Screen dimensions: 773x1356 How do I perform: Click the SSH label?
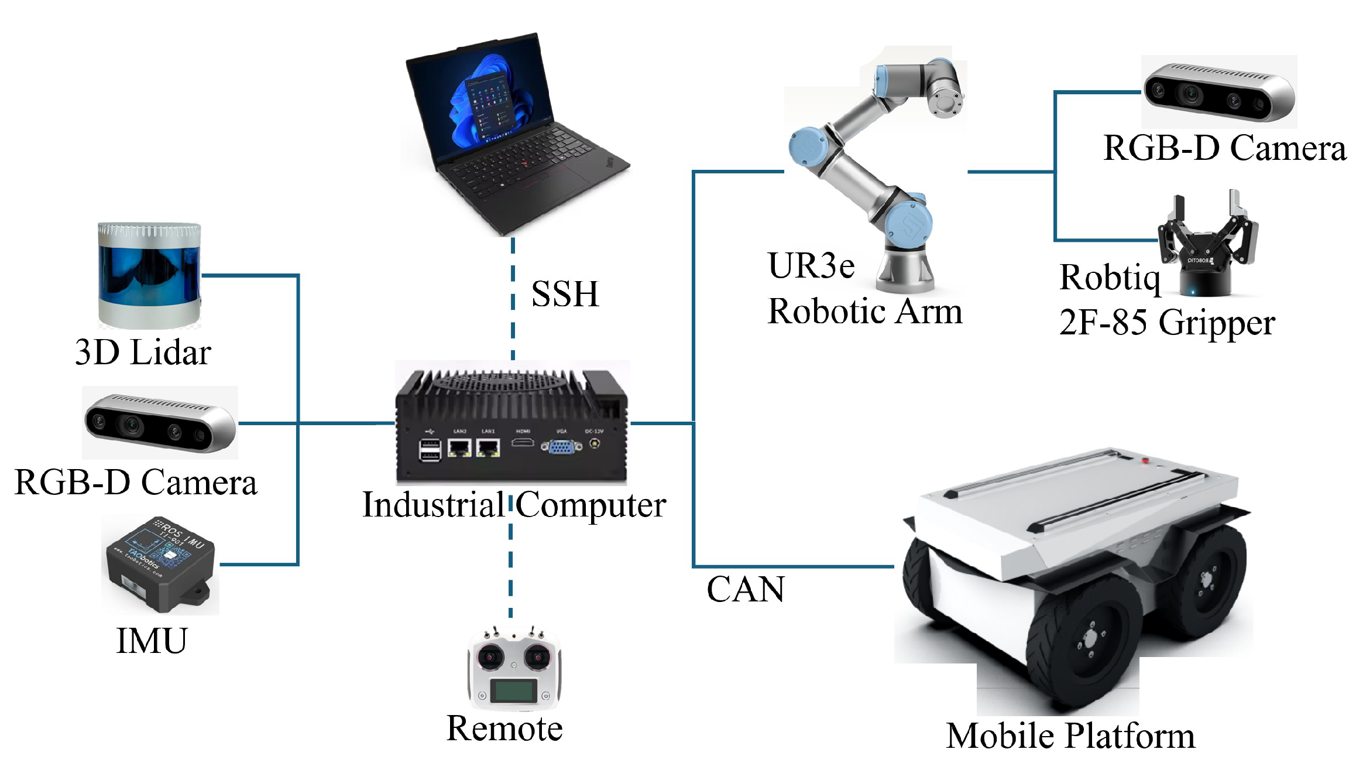coord(565,294)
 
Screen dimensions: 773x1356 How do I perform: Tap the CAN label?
coord(746,589)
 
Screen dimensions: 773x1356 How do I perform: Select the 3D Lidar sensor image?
coord(149,275)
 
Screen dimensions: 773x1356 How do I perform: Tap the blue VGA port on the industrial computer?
coord(561,447)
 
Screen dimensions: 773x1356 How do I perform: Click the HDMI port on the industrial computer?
coord(523,443)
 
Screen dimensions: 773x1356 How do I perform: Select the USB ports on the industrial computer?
coord(430,450)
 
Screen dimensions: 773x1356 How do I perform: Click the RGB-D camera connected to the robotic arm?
coord(1219,93)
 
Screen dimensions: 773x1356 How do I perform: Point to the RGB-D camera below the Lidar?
coord(160,423)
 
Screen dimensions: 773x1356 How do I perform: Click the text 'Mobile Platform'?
coord(1070,736)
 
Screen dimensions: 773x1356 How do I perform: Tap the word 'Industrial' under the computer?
coord(433,505)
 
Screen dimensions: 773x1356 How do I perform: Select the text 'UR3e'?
coord(811,266)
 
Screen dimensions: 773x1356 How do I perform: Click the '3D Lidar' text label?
coord(143,353)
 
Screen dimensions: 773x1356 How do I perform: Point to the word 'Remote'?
coord(504,728)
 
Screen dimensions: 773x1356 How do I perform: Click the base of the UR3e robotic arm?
coord(904,269)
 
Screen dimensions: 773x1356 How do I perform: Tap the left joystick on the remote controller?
coord(490,657)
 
